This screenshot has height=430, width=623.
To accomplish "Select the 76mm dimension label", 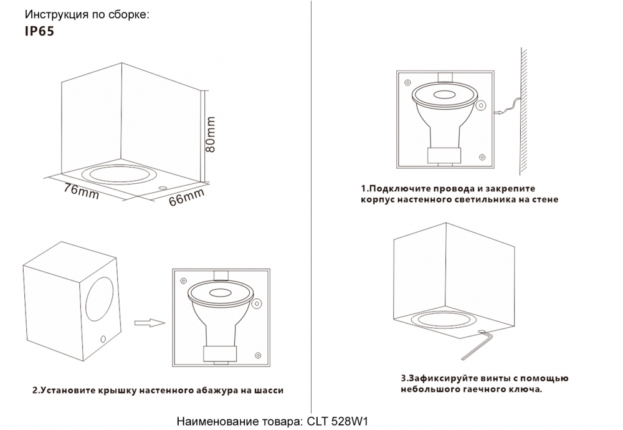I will (82, 191).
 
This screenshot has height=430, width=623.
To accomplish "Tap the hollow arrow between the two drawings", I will (149, 322).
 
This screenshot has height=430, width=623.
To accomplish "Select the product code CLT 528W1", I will (339, 421).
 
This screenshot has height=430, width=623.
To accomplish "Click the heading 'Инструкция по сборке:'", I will (87, 14).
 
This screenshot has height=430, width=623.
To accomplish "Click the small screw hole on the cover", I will (102, 340).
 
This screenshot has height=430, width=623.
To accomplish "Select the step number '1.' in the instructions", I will (364, 188).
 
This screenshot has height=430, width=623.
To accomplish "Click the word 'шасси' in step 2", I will (269, 391).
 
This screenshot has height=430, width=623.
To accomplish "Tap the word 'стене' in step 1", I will (544, 200).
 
